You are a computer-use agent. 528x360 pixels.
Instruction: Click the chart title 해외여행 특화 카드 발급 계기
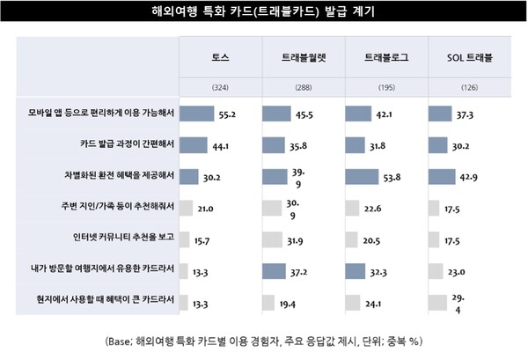coord(263,14)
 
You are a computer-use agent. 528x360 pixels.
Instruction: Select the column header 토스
coord(219,57)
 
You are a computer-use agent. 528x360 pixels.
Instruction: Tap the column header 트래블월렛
coord(303,57)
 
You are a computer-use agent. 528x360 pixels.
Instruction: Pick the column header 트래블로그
coord(385,57)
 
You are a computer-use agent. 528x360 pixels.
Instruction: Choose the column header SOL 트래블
coord(468,57)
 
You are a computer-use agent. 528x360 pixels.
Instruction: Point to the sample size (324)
coord(219,88)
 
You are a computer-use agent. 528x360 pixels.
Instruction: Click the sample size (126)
coord(468,88)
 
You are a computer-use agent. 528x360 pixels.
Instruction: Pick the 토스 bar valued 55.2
coord(197,113)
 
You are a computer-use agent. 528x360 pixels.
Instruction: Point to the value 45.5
coord(319,113)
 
